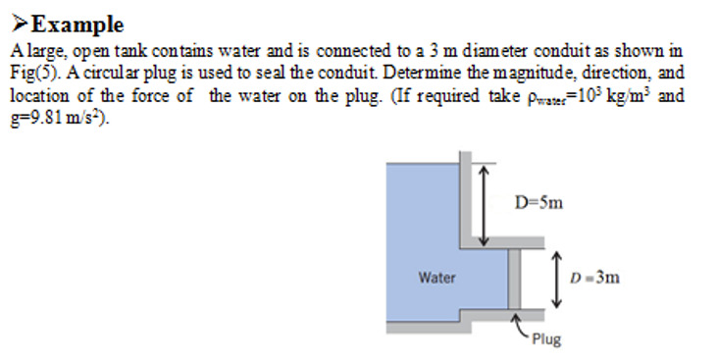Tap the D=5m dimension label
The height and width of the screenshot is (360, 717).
click(538, 203)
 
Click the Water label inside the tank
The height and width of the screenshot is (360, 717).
click(436, 278)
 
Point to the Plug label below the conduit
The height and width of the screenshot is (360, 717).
click(547, 339)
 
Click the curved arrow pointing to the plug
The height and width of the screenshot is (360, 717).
click(521, 326)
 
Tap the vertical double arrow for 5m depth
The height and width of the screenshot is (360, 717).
click(482, 206)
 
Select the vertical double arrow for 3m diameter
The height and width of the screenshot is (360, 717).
click(556, 278)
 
